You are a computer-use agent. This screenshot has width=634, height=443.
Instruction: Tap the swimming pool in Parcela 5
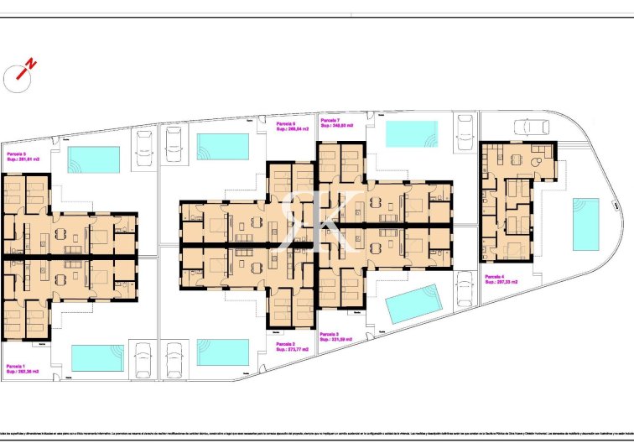tap(93, 159)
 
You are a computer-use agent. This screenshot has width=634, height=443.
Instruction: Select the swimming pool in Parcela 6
tap(222, 146)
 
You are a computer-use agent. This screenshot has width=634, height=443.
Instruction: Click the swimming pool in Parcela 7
tap(411, 133)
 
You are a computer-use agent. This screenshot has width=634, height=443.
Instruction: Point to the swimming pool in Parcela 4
tap(585, 224)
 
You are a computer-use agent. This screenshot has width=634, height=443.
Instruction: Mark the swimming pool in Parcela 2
tap(222, 352)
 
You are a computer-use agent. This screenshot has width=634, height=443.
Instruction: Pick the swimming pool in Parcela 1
tap(97, 357)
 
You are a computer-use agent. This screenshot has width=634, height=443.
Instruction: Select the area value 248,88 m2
tap(340, 126)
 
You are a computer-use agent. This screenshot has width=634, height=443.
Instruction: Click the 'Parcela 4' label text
tap(496, 276)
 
